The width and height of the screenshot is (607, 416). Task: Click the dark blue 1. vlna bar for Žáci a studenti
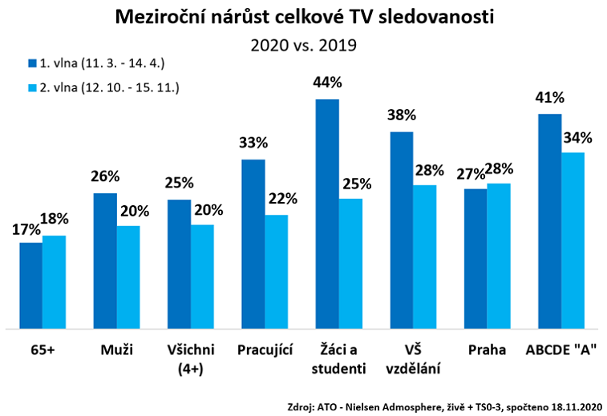tap(327, 213)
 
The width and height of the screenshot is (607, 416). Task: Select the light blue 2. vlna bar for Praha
tap(498, 256)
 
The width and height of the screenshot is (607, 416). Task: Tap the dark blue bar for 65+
tap(31, 285)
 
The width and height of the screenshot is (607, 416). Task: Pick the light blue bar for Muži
tap(128, 277)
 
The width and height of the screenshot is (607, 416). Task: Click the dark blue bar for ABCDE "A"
tap(549, 220)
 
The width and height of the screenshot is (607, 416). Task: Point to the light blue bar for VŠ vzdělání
tap(424, 256)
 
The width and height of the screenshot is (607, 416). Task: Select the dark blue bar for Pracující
tap(253, 244)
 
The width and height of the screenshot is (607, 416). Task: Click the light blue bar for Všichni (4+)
tap(202, 276)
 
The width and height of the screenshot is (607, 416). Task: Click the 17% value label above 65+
tap(26, 228)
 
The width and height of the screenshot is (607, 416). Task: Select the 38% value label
tap(401, 115)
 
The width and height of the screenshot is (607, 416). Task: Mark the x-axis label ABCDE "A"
tap(560, 350)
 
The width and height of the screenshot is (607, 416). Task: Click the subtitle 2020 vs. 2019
tap(303, 46)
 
